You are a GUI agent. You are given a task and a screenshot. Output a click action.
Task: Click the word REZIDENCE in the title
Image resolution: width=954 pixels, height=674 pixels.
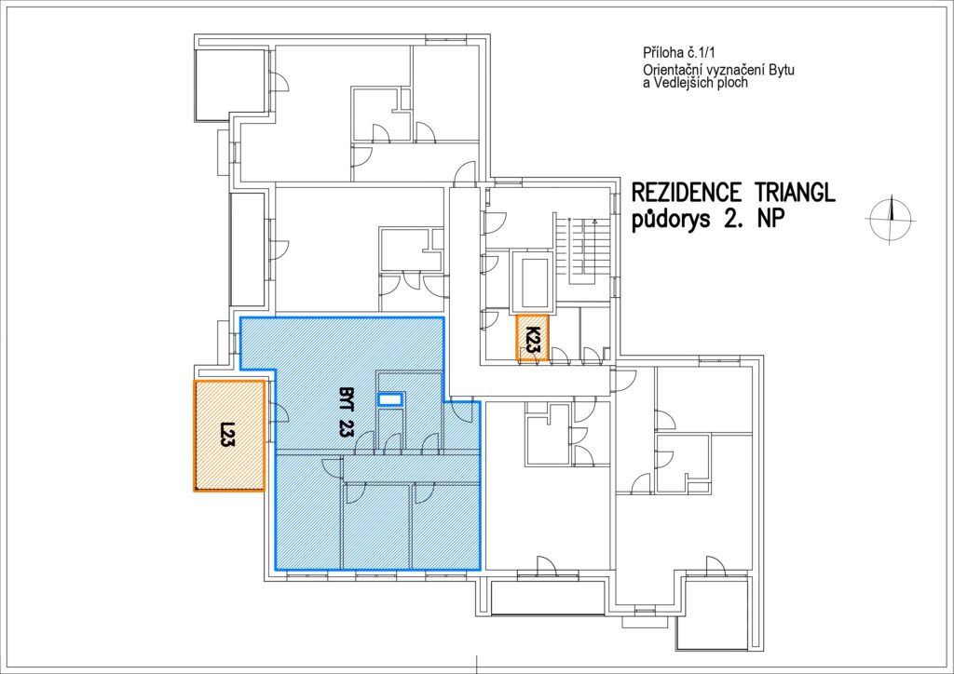[x=687, y=192]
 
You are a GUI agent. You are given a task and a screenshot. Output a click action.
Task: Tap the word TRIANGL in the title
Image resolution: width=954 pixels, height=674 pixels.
[x=795, y=192]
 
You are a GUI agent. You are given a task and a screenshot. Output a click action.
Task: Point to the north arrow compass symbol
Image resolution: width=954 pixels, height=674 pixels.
[x=890, y=220]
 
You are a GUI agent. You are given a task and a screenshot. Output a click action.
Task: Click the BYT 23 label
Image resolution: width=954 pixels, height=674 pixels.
[x=345, y=412]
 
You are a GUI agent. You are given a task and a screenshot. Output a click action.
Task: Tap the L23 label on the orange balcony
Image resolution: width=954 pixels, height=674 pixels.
[x=227, y=435]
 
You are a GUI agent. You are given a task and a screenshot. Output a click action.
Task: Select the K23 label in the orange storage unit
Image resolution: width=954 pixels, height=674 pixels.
[x=532, y=340]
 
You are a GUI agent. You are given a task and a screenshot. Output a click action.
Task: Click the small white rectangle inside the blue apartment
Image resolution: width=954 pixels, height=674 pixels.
[x=390, y=399]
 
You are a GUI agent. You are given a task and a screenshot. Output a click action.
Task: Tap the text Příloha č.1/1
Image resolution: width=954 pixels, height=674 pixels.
[x=678, y=53]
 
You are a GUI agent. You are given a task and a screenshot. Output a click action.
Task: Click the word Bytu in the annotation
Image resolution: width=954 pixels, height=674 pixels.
[x=782, y=70]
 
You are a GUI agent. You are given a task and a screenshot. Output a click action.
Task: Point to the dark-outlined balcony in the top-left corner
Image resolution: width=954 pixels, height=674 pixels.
[x=230, y=85]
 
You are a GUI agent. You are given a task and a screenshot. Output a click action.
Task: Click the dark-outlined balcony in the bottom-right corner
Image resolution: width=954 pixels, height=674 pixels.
[x=712, y=613]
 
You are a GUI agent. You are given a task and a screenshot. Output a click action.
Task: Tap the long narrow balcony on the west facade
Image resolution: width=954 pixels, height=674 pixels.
[x=248, y=249]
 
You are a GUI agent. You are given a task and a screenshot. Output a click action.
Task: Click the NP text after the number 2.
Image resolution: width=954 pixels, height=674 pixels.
[x=765, y=219]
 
